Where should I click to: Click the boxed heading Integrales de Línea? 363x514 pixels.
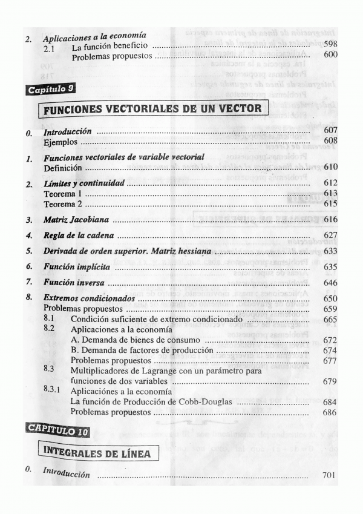pos(98,451)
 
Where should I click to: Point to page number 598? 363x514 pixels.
pos(330,45)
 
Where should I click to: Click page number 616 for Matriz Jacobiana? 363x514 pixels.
pos(330,220)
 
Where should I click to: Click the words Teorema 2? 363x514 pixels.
pos(63,204)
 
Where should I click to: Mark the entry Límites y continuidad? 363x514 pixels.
pos(84,183)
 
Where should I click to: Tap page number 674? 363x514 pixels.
pos(330,351)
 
